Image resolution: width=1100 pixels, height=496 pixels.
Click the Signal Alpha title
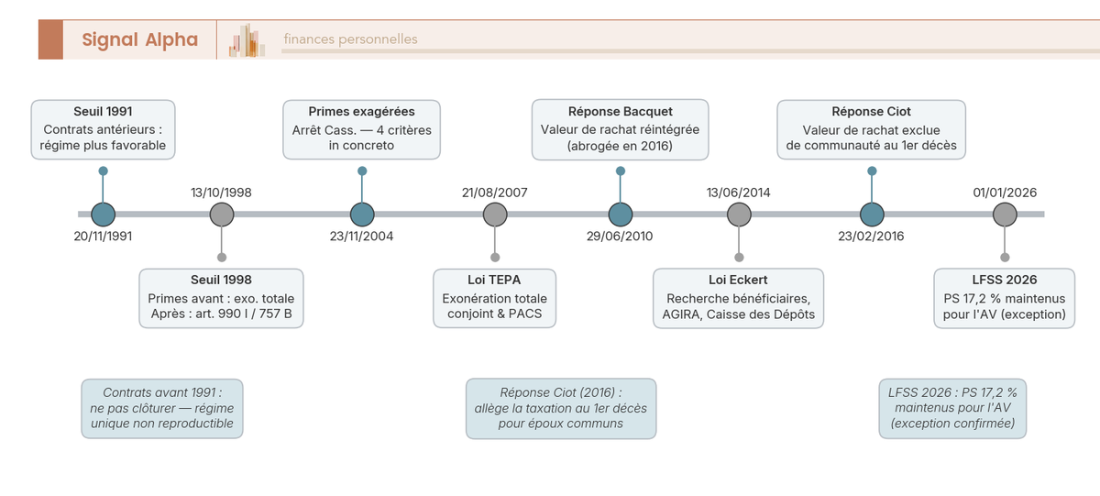pyautogui.click(x=139, y=39)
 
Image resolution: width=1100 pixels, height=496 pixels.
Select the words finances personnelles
pyautogui.click(x=350, y=39)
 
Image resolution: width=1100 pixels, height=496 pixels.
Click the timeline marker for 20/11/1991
pyautogui.click(x=104, y=215)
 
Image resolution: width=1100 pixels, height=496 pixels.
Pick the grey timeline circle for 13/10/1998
pyautogui.click(x=221, y=215)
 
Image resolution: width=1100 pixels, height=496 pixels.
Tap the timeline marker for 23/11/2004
pyautogui.click(x=362, y=215)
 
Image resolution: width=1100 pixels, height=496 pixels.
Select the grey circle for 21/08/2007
pyautogui.click(x=495, y=215)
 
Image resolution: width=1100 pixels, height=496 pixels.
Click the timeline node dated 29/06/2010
pyautogui.click(x=621, y=215)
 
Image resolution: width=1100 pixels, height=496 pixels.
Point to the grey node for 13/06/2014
pyautogui.click(x=739, y=215)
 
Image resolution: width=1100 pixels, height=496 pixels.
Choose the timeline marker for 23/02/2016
pyautogui.click(x=872, y=215)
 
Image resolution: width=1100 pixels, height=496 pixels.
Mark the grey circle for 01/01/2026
pyautogui.click(x=1005, y=215)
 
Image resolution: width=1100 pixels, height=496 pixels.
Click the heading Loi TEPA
pyautogui.click(x=494, y=280)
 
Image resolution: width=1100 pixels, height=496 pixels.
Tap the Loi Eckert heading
pyautogui.click(x=738, y=280)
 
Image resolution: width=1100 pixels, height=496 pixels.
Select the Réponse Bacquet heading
pyautogui.click(x=620, y=111)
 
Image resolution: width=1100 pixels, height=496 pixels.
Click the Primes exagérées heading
pyautogui.click(x=361, y=111)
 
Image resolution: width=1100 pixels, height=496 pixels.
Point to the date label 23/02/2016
pyautogui.click(x=871, y=237)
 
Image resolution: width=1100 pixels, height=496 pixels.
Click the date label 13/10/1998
pyautogui.click(x=221, y=193)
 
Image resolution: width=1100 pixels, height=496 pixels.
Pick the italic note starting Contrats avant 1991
pyautogui.click(x=161, y=408)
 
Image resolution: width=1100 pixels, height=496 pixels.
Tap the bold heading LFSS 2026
pyautogui.click(x=1005, y=280)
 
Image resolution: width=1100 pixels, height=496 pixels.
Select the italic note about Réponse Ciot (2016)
pyautogui.click(x=561, y=408)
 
